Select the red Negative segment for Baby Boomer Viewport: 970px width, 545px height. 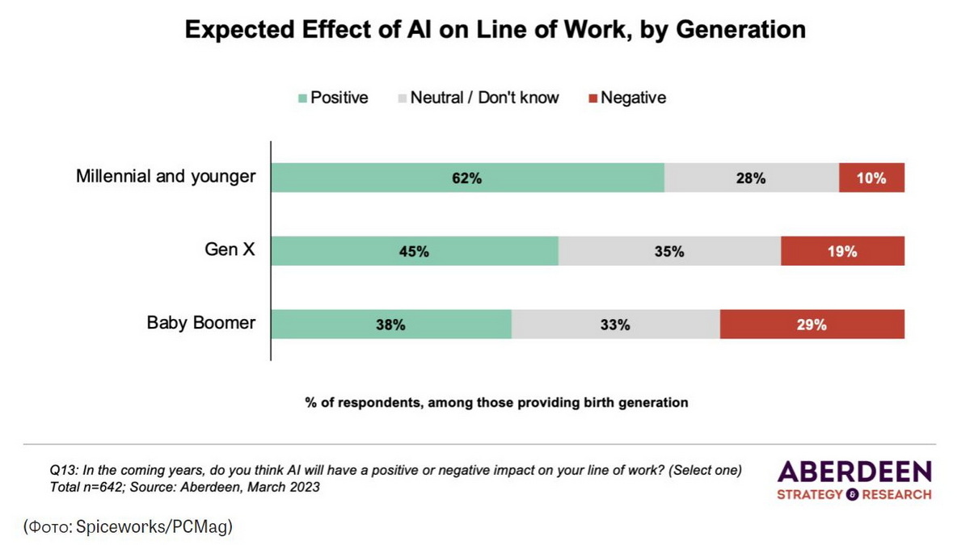coord(812,325)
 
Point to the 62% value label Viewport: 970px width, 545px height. coord(467,178)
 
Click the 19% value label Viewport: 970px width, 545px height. coord(841,251)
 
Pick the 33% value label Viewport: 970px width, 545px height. coord(615,325)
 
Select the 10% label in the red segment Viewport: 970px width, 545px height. coord(871,178)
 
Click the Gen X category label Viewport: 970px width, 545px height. coord(230,249)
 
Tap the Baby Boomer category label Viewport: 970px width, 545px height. coord(200,323)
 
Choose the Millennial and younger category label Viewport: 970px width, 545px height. coord(166,176)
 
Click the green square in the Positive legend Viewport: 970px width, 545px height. coord(303,99)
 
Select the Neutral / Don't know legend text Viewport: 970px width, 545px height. coord(484,98)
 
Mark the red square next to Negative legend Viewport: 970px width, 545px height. coord(593,99)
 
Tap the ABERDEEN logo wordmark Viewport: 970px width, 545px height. coord(854,472)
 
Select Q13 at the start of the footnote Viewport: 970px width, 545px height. coord(63,470)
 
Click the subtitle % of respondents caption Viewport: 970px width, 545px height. coord(496,402)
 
